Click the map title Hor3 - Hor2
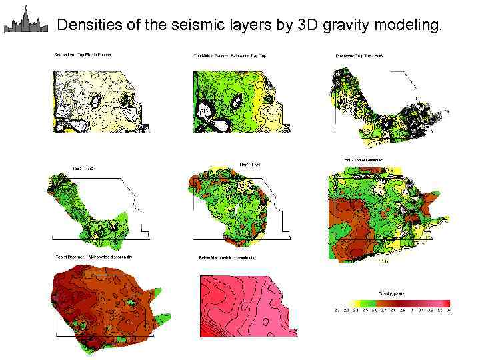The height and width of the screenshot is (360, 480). click(x=84, y=169)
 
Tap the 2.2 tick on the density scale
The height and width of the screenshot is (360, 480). click(x=337, y=310)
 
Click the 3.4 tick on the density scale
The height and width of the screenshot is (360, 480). click(x=449, y=310)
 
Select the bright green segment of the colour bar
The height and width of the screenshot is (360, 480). click(x=371, y=302)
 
